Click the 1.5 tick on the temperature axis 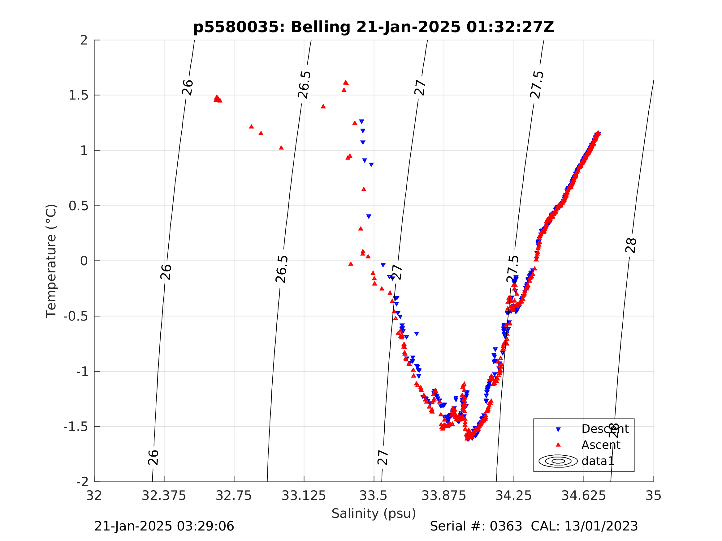[79, 95]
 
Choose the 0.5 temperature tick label [79, 206]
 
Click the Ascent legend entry [601, 445]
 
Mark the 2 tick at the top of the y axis [84, 40]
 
